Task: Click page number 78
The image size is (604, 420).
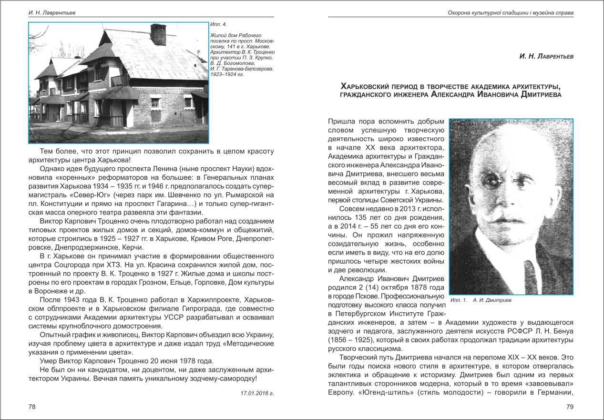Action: (x=32, y=406)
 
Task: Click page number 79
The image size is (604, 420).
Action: (x=569, y=406)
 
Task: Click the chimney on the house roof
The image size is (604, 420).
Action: (x=158, y=34)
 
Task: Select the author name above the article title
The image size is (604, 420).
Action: (x=546, y=57)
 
